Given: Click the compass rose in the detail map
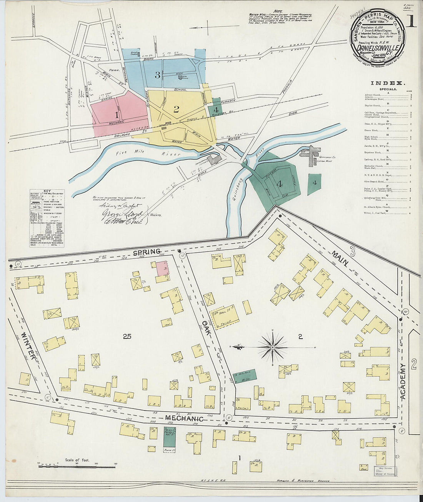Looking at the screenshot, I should click(x=273, y=347).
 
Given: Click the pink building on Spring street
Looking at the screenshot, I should click(x=162, y=268).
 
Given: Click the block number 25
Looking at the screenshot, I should click(x=127, y=337).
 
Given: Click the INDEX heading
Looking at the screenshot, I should click(x=387, y=83).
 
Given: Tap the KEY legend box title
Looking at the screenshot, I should click(x=47, y=191).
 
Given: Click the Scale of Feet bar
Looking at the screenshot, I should click(x=77, y=466).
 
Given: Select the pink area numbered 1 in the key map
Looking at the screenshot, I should click(x=117, y=115).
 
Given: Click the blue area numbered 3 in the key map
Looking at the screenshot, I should click(x=157, y=75).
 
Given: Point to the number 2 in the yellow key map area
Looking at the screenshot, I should click(x=176, y=109).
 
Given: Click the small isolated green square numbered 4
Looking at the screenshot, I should click(x=314, y=183).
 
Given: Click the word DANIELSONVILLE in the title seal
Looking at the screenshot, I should click(x=377, y=48).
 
